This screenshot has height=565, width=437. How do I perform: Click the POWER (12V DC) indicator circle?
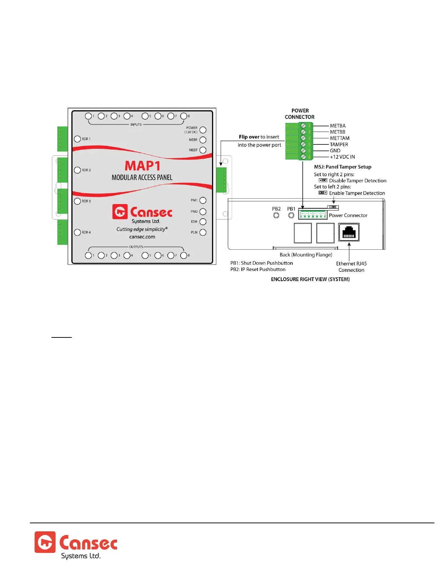(203, 130)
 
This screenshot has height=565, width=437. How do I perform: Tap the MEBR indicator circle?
(203, 140)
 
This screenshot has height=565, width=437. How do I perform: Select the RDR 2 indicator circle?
(77, 170)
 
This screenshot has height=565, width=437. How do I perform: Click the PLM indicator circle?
(203, 232)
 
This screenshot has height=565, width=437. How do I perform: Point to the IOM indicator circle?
(203, 222)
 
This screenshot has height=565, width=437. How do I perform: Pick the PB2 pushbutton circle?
(276, 215)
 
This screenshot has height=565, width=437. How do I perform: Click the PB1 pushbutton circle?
(291, 215)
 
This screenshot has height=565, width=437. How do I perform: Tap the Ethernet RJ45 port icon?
(349, 232)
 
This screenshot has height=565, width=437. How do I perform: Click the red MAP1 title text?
(142, 166)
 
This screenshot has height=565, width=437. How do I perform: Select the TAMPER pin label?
(339, 144)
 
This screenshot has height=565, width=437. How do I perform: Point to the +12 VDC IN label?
(342, 157)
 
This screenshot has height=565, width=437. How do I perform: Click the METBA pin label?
(337, 126)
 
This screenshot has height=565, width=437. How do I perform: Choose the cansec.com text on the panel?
(142, 237)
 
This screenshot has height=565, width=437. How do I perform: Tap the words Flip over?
(249, 137)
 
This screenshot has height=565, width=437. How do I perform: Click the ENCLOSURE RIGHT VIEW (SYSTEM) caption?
(310, 279)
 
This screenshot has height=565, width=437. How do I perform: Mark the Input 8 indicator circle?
(184, 116)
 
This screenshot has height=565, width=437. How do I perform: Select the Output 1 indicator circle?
(88, 255)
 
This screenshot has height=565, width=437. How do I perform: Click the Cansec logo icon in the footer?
(45, 542)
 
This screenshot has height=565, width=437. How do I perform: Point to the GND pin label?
(335, 151)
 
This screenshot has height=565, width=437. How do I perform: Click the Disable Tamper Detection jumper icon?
(323, 180)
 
